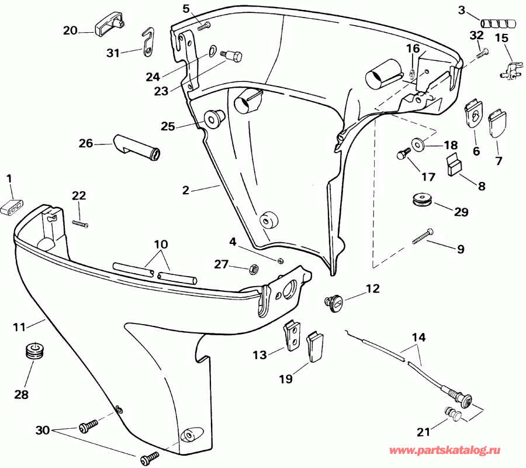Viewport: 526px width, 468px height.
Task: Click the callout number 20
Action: (70, 30)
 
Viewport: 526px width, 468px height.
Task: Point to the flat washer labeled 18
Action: (418, 144)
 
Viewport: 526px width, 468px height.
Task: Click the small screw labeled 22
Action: (79, 222)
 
